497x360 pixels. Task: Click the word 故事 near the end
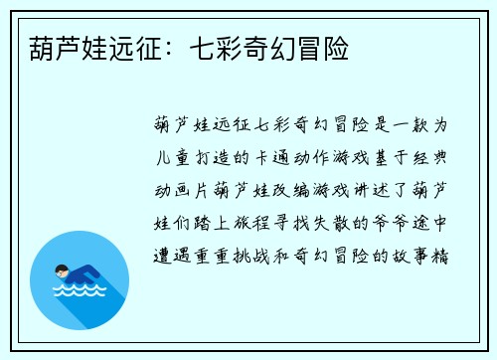[411, 254]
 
